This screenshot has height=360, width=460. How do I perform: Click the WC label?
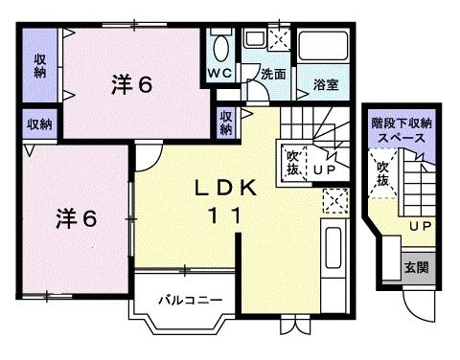pyautogui.click(x=219, y=73)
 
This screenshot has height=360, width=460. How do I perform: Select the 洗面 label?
pyautogui.click(x=274, y=73)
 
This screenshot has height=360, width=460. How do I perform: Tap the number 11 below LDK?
pyautogui.click(x=228, y=216)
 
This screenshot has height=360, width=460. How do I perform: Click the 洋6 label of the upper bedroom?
pyautogui.click(x=130, y=84)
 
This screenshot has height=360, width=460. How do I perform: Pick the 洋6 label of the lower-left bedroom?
pyautogui.click(x=73, y=218)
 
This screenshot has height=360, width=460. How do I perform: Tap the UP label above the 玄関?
pyautogui.click(x=419, y=227)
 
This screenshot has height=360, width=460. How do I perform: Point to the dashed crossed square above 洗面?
pyautogui.click(x=280, y=39)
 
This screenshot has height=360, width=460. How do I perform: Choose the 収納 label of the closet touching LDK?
pyautogui.click(x=225, y=122)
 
